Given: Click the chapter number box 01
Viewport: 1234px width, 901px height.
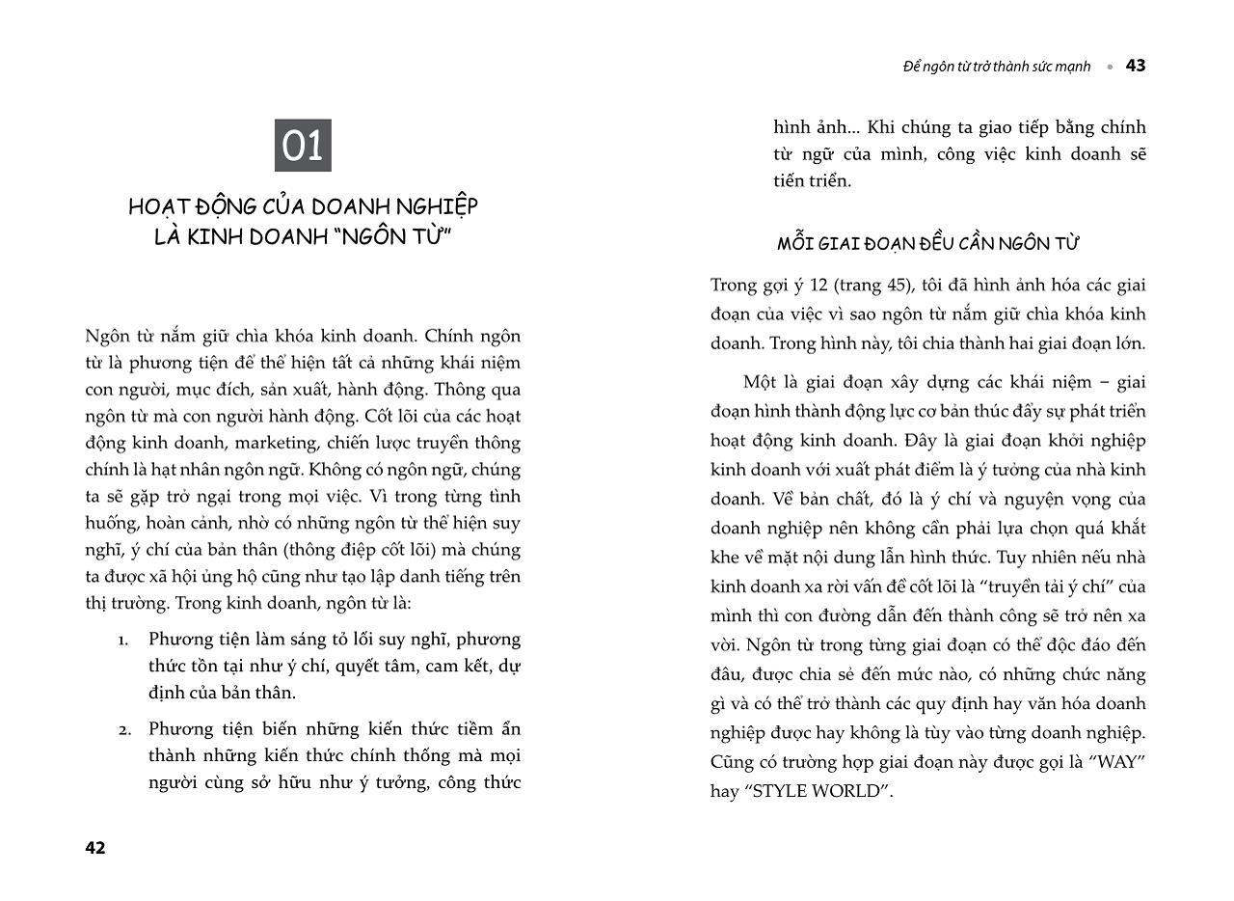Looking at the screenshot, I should click(x=303, y=146).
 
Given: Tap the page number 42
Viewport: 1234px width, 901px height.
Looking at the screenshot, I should click(x=95, y=848).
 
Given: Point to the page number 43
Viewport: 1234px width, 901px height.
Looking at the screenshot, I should click(x=1136, y=66).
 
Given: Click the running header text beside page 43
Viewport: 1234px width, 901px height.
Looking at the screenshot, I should click(x=997, y=67).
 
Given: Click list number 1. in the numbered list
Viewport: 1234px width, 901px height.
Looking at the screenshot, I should click(x=123, y=640).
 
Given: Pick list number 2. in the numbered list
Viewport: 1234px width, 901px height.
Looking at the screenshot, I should click(x=124, y=729).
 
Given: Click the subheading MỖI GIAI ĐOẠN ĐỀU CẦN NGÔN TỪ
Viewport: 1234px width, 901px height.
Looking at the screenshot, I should click(x=927, y=243).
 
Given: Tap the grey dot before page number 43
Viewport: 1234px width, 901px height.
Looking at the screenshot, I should click(x=1110, y=67).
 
